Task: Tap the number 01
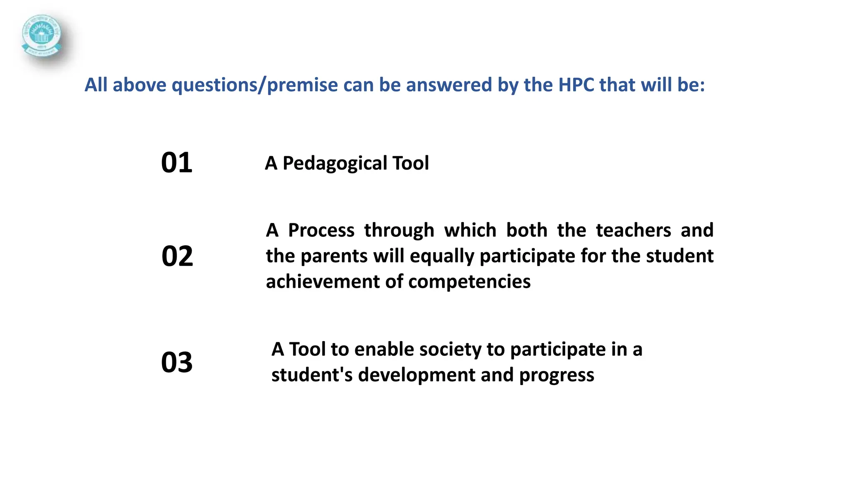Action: click(177, 162)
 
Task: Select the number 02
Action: click(177, 256)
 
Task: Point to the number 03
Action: click(177, 362)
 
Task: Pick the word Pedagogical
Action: click(329, 163)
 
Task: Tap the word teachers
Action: click(633, 230)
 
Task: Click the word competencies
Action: click(469, 282)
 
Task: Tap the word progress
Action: click(557, 375)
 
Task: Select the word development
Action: click(416, 375)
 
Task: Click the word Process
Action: click(321, 230)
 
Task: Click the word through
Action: click(399, 231)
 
